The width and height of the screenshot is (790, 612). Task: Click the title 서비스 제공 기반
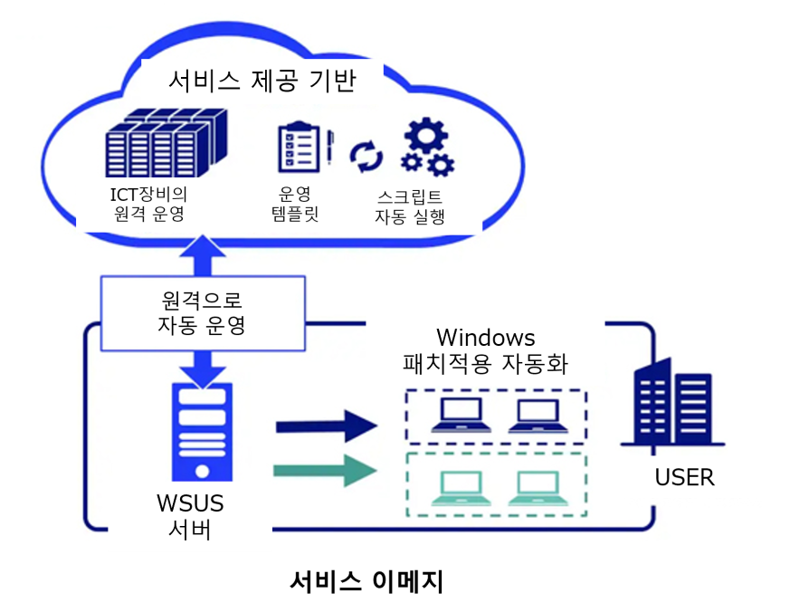pos(262,81)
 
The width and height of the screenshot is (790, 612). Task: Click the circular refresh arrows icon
pos(366,156)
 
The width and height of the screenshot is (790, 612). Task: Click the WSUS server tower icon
pos(202,431)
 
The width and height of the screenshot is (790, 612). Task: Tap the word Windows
pos(485,338)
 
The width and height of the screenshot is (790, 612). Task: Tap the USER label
pos(685,477)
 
